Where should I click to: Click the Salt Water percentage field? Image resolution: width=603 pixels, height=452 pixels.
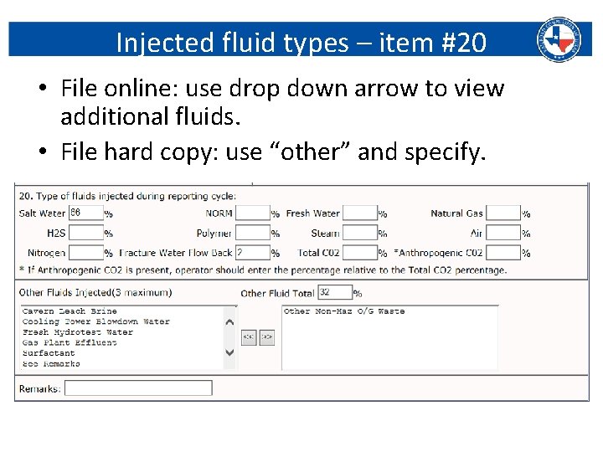(85, 213)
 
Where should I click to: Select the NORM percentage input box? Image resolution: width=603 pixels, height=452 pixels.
(252, 213)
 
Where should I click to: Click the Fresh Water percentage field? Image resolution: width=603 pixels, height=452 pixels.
(360, 213)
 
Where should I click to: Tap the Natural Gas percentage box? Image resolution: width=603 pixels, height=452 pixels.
(503, 213)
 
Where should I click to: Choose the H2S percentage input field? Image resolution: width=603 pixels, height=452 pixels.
(85, 233)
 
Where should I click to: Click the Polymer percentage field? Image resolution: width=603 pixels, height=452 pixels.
(252, 233)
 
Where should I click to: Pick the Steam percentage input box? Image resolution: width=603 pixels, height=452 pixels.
(360, 233)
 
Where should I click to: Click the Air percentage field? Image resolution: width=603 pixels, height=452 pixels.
(503, 233)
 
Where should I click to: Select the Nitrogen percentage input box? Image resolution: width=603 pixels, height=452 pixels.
(85, 252)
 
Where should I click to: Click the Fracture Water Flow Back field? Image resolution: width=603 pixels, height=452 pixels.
(252, 252)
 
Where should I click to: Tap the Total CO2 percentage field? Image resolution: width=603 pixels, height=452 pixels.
(360, 252)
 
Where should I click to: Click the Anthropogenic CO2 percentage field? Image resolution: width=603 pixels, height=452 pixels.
(503, 252)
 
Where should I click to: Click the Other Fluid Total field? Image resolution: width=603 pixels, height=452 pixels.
(335, 293)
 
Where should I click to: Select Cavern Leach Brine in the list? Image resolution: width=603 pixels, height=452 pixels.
(70, 311)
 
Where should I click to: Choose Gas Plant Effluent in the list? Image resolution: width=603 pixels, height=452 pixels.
(70, 342)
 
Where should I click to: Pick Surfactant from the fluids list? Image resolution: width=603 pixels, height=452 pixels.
(49, 353)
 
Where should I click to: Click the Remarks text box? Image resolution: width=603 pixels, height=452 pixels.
(138, 388)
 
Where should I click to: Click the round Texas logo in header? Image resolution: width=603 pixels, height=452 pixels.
(559, 38)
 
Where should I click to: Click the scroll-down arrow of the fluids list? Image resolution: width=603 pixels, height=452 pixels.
(230, 353)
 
